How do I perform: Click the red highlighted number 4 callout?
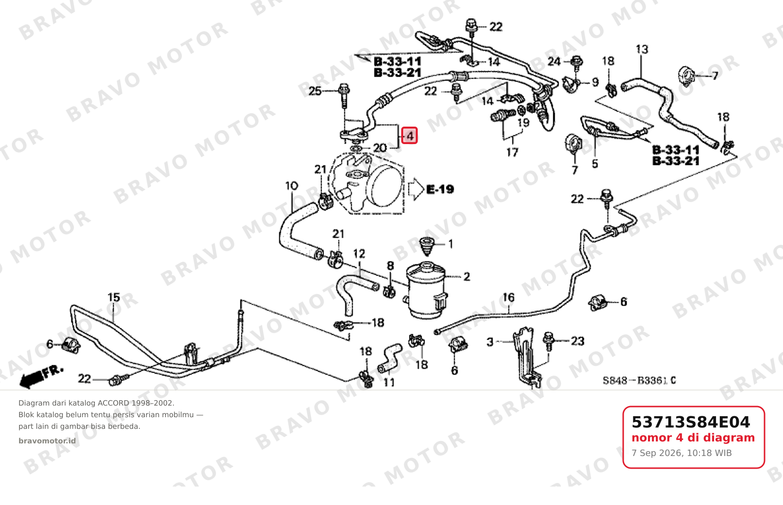409,135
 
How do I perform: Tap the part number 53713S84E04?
691,422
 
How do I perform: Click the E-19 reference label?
440,190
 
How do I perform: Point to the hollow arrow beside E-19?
416,189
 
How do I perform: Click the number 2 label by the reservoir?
467,277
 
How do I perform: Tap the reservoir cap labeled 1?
427,245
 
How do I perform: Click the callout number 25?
315,91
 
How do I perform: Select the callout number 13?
642,49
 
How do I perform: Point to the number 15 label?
114,297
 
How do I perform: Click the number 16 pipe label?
508,297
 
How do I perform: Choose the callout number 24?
554,62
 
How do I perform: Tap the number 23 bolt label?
578,341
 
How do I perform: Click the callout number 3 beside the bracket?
490,342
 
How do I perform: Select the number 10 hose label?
291,186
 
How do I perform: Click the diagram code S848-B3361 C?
639,380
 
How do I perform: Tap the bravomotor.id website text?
47,441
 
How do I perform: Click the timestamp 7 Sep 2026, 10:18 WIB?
681,453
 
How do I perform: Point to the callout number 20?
380,148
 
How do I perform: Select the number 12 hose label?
359,254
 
